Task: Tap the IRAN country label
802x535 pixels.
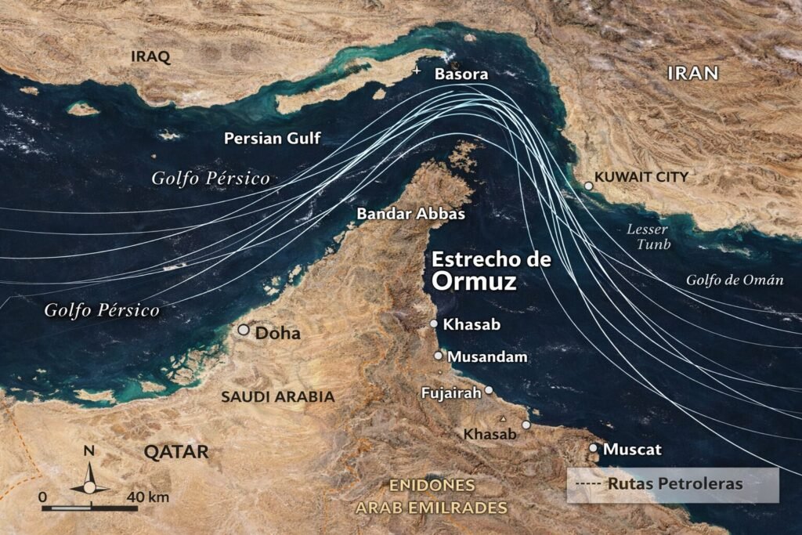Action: click(692, 74)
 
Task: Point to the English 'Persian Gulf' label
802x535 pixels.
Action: click(272, 139)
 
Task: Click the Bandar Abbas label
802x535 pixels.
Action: click(410, 214)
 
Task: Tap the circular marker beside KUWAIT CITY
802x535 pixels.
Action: click(589, 186)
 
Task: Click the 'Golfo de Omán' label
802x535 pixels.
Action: click(734, 280)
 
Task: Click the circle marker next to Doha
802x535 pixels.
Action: click(244, 331)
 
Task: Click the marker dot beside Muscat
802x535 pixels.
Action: click(593, 448)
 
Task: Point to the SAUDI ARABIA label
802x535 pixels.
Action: click(277, 397)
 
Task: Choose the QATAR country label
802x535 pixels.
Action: click(176, 452)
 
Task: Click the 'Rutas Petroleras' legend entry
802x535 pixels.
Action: click(674, 484)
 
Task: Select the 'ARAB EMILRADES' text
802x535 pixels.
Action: click(432, 508)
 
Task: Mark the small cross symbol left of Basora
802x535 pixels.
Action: click(416, 72)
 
